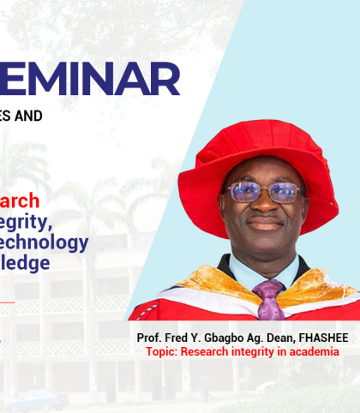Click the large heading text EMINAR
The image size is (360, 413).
pyautogui.click(x=90, y=80)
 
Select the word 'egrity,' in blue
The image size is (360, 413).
pyautogui.click(x=35, y=222)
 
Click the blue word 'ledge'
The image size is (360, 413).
pyautogui.click(x=25, y=263)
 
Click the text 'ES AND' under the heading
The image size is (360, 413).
pyautogui.click(x=21, y=116)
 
